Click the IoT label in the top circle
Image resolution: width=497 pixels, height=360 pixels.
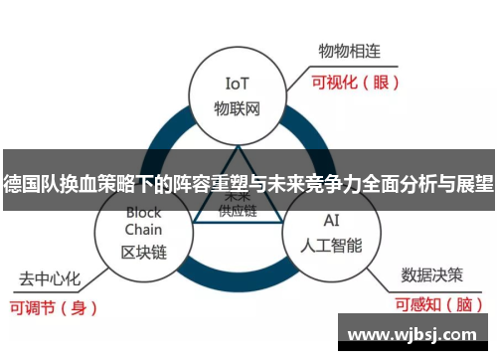pos(237,84)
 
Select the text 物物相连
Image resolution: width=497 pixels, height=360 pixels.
pos(349,50)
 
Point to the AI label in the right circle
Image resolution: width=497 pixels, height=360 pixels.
pos(332,222)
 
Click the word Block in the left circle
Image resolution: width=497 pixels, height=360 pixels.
pos(143,213)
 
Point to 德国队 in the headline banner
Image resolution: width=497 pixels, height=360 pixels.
pos(27,183)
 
